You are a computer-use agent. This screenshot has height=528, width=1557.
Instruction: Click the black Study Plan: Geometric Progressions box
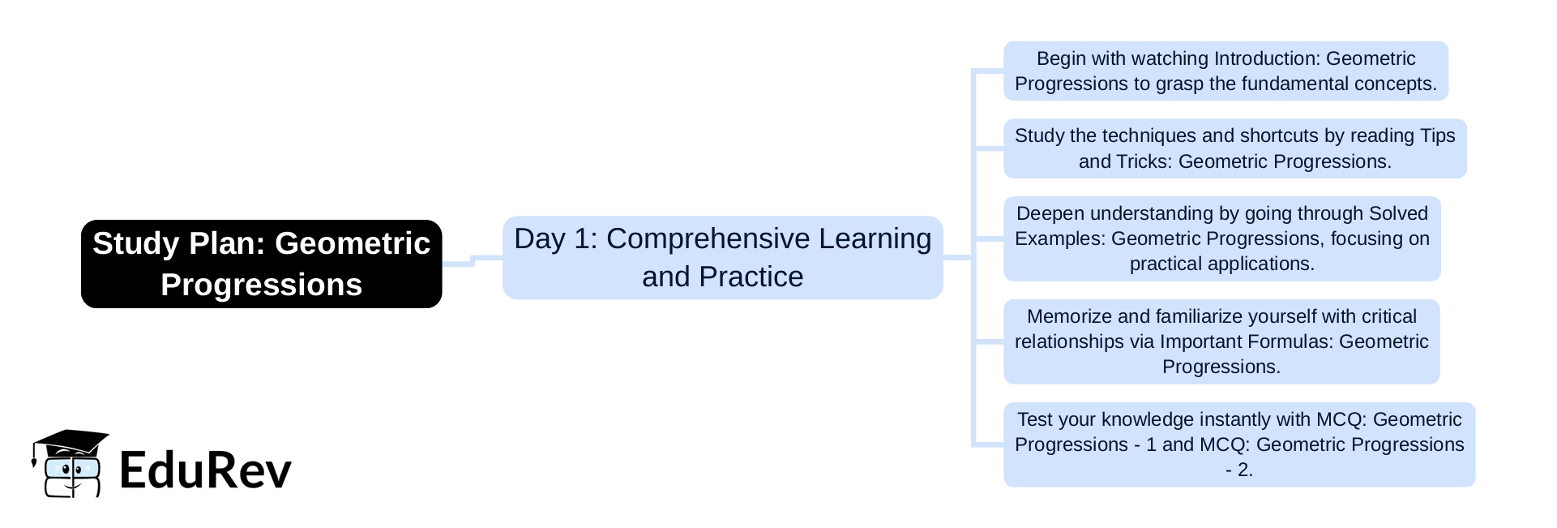261,264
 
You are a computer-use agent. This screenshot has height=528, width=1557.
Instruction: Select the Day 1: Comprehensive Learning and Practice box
722,257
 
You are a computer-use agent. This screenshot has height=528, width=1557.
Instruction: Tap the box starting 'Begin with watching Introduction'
1225,71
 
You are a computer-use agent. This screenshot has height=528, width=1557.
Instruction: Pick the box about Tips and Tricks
1234,148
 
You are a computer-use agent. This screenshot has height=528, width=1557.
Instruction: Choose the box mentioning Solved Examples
1221,238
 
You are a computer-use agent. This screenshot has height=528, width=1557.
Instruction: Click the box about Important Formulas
1221,341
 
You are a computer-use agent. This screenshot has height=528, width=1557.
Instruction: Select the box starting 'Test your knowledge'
1239,444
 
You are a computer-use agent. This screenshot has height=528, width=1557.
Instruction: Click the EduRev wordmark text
205,470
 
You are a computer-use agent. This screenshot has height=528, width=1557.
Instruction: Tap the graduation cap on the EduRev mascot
70,444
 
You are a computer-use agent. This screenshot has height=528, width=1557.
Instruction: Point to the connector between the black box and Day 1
472,260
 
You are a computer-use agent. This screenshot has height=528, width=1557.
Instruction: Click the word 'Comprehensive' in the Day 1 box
708,238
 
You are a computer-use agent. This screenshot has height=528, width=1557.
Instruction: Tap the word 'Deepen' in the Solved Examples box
1046,213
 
